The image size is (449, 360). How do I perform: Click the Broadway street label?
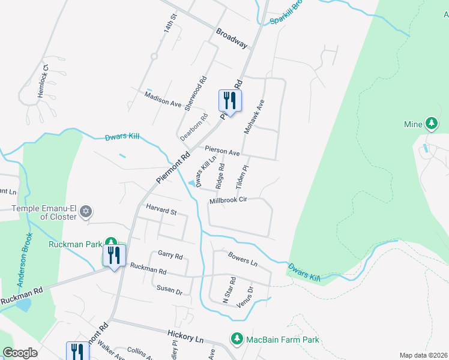(232, 37)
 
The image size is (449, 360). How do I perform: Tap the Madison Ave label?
(163, 99)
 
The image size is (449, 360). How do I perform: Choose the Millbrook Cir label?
(228, 200)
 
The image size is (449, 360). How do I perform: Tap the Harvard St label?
(161, 212)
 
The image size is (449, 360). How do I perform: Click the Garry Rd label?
(170, 254)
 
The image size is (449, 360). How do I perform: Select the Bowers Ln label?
(243, 259)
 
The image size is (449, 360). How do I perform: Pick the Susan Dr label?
(169, 289)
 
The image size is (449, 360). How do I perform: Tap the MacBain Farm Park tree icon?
(237, 340)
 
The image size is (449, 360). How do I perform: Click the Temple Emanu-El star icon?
(86, 211)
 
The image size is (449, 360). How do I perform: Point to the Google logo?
(20, 353)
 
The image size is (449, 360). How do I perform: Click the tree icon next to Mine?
(431, 124)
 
